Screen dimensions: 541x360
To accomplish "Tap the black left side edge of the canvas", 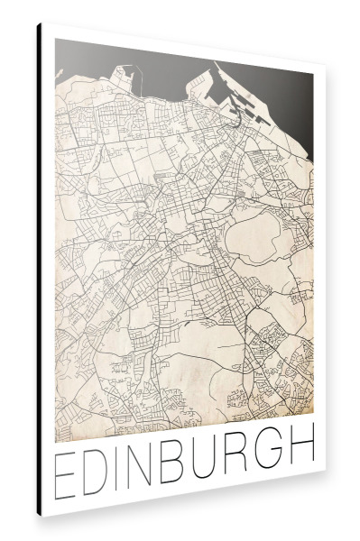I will coord(39,270).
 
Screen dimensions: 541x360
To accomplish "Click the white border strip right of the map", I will coord(320,270).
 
